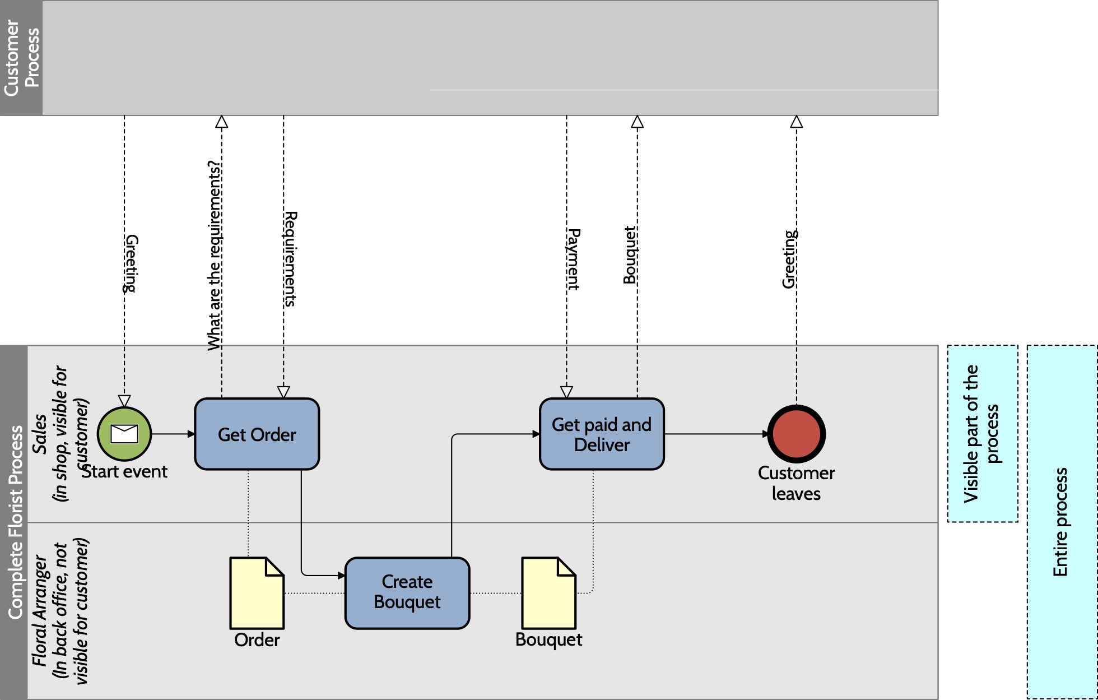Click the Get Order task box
pyautogui.click(x=257, y=434)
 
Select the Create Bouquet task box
pyautogui.click(x=407, y=592)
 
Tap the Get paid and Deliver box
pyautogui.click(x=602, y=434)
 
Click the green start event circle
pyautogui.click(x=124, y=434)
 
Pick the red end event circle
pyautogui.click(x=796, y=434)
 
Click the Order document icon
pyautogui.click(x=257, y=592)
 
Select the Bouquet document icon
pyautogui.click(x=548, y=592)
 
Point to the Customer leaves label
pyautogui.click(x=796, y=483)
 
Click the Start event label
pyautogui.click(x=125, y=472)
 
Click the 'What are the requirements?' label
pyautogui.click(x=215, y=255)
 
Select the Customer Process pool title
pyautogui.click(x=21, y=58)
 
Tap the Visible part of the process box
pyautogui.click(x=983, y=433)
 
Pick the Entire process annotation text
pyautogui.click(x=1060, y=522)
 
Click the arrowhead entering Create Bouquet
pyautogui.click(x=342, y=575)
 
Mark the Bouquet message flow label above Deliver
pyautogui.click(x=630, y=255)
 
